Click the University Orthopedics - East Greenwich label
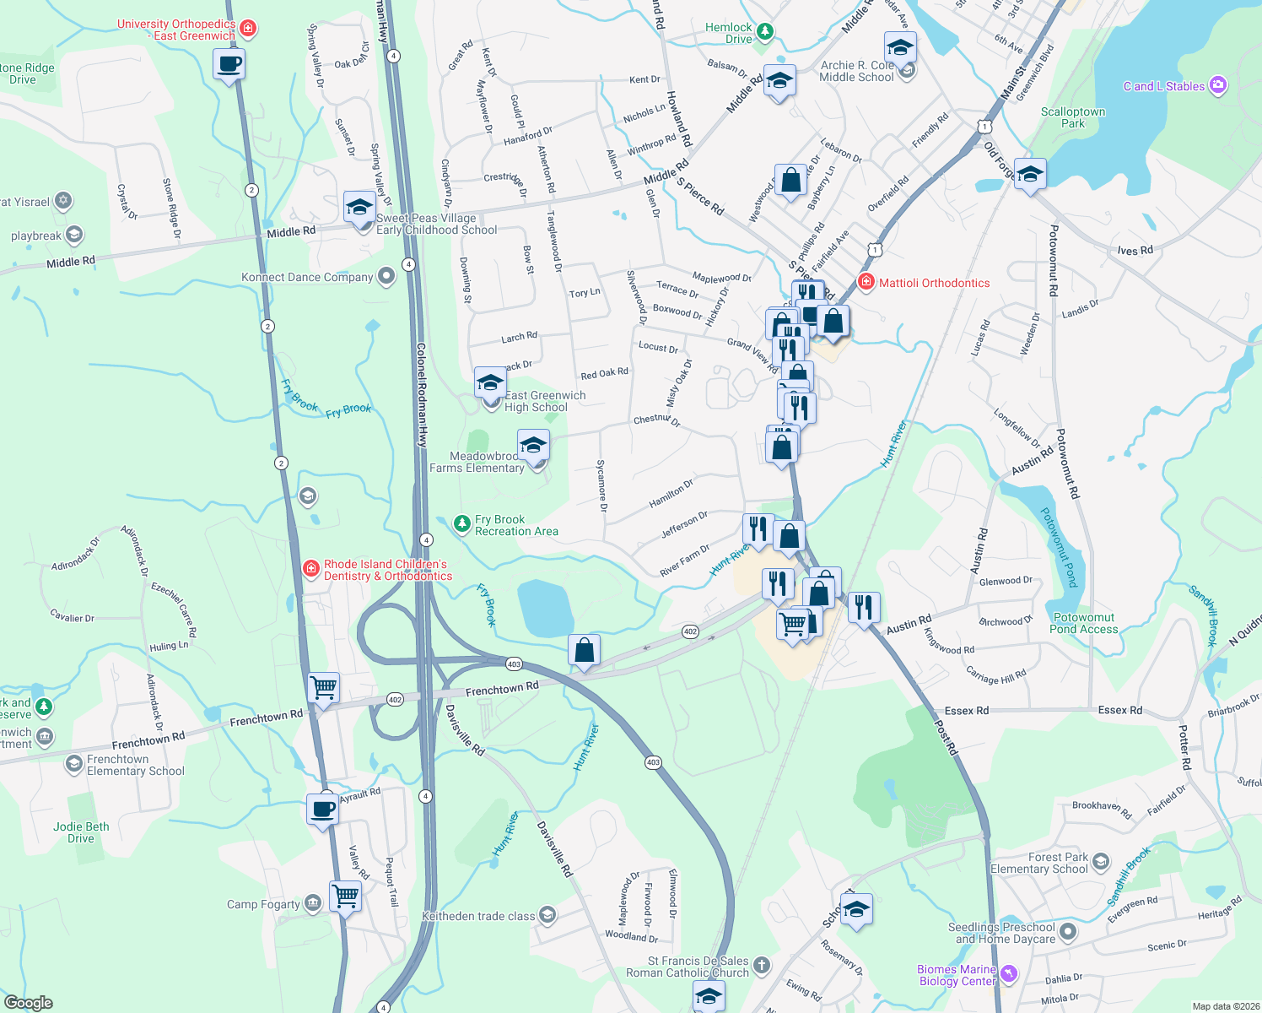[x=176, y=30]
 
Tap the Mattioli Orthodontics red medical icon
[x=866, y=282]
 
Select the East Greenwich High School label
[x=545, y=401]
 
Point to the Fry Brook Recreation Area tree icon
[x=461, y=524]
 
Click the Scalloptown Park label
[x=1072, y=117]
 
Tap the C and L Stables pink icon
[x=1217, y=85]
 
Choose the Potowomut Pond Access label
[x=1083, y=623]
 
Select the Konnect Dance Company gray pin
[x=386, y=276]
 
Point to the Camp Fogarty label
[x=263, y=904]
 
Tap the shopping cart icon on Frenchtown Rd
[x=324, y=687]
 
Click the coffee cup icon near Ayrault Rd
[x=323, y=809]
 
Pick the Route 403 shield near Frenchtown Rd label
[x=515, y=664]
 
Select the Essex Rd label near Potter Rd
[x=1119, y=710]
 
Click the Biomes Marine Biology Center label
[x=957, y=975]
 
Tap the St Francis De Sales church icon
[x=761, y=965]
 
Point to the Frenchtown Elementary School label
[x=135, y=765]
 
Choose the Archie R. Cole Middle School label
[x=856, y=71]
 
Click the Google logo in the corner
[x=28, y=1003]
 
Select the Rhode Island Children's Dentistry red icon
[x=311, y=569]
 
